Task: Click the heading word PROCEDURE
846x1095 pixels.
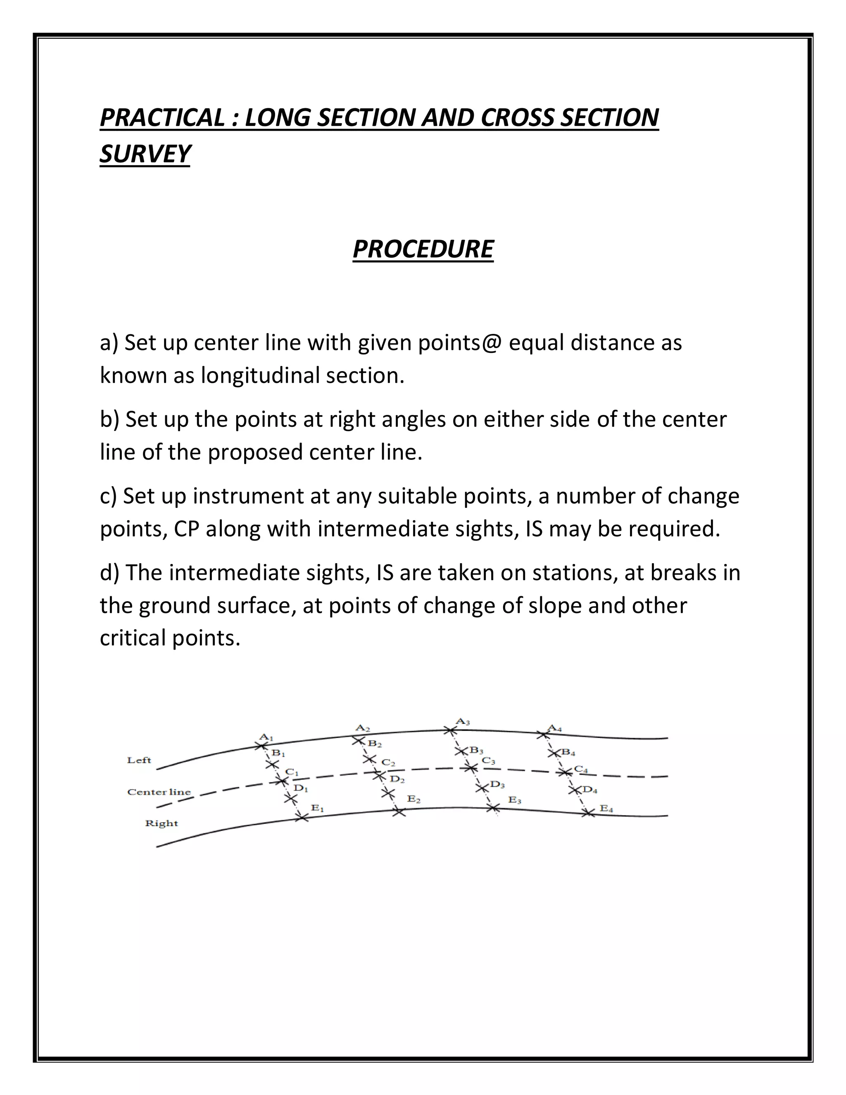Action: point(423,249)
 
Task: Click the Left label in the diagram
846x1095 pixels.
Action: point(139,760)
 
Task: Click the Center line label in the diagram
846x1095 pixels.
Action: point(159,792)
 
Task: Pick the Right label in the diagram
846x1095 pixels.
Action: point(162,823)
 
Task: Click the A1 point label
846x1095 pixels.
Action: point(266,738)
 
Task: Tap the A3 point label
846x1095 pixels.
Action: point(463,722)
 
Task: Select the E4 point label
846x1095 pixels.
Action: point(606,808)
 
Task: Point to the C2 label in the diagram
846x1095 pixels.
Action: point(388,763)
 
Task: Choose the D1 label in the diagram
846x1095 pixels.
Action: point(301,788)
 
